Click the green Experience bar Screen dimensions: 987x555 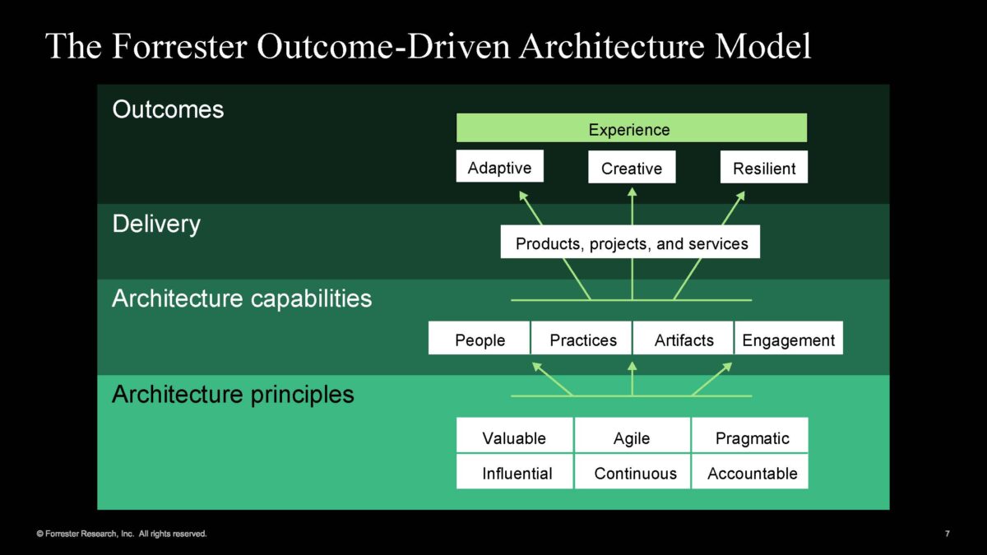[632, 127]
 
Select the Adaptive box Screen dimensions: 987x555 [500, 166]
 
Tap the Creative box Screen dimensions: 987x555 [632, 167]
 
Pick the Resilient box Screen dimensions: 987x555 [764, 167]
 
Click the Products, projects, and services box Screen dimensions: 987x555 [630, 242]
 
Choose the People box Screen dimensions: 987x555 [479, 338]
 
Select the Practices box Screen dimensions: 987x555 [582, 338]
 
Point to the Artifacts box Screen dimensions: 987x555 [683, 338]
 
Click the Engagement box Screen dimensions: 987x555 [789, 338]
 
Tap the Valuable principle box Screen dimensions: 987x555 [515, 435]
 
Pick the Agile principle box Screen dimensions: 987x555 [633, 435]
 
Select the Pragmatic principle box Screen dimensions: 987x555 [750, 435]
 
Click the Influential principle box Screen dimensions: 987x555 [515, 472]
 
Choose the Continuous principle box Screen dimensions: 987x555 [633, 472]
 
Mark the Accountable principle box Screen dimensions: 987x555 [750, 472]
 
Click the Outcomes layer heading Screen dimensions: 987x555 [168, 109]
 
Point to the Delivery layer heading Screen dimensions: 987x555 [156, 224]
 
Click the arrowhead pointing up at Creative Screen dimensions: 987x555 [633, 192]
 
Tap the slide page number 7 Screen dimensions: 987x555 [948, 534]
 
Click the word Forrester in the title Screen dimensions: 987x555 [179, 46]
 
